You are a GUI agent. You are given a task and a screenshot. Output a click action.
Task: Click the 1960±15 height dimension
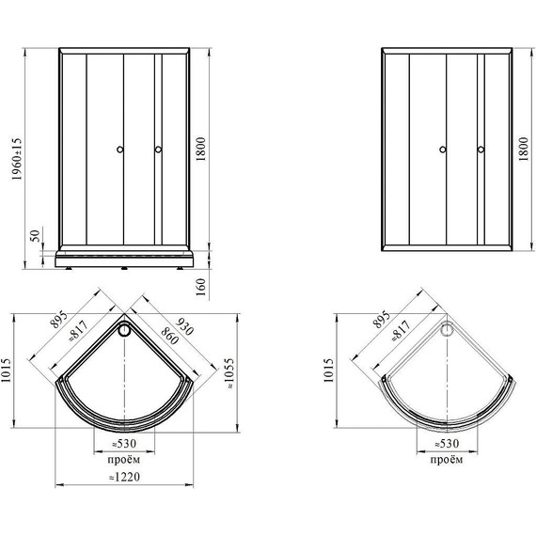[16, 159]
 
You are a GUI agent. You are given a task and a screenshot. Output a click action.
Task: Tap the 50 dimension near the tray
[35, 236]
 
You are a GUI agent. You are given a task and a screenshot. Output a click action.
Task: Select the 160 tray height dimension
[201, 287]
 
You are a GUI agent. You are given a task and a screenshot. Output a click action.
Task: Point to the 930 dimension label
[184, 326]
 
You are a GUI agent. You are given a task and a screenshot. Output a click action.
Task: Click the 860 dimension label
[169, 336]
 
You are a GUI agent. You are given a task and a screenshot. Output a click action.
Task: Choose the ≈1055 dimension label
[229, 373]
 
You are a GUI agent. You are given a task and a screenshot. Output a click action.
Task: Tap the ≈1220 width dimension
[124, 477]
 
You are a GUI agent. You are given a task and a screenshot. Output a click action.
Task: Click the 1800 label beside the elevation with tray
[201, 149]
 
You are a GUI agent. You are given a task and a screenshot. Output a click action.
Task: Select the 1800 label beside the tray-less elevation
[524, 149]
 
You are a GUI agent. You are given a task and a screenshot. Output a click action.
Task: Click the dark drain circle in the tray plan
[124, 330]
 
